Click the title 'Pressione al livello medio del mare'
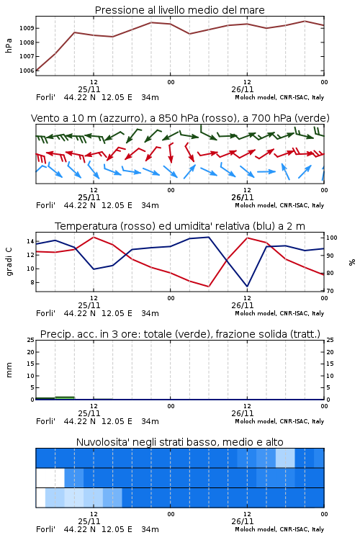coord(179,10)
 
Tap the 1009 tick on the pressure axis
coord(27,28)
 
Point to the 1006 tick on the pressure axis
coord(27,71)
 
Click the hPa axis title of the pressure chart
coord(9,46)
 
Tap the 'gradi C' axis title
coord(9,262)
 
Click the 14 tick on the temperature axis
coord(30,241)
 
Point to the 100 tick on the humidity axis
coord(332,238)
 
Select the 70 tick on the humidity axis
coord(330,291)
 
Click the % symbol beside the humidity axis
coord(352,262)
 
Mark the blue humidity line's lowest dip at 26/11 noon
coord(247,286)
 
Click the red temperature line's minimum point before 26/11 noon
coord(208,286)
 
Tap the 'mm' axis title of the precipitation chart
coord(9,370)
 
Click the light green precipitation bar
coord(65,398)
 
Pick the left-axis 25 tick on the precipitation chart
coord(31,340)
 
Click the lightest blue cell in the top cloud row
coord(285,458)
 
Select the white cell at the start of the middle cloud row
coord(50,477)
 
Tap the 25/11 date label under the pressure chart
coord(89,89)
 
